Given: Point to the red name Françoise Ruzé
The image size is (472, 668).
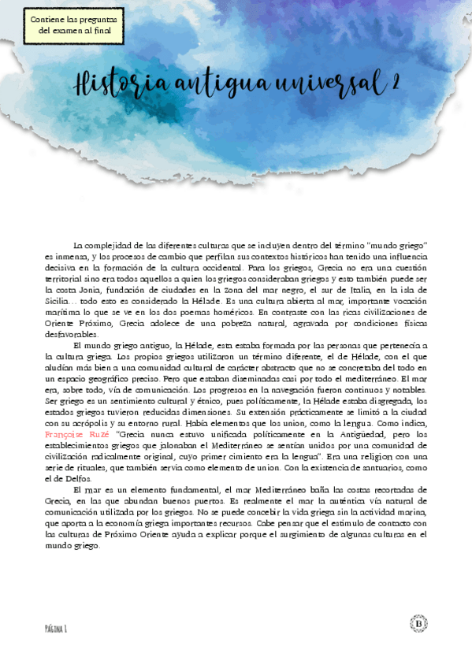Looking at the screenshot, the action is tap(78, 434).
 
